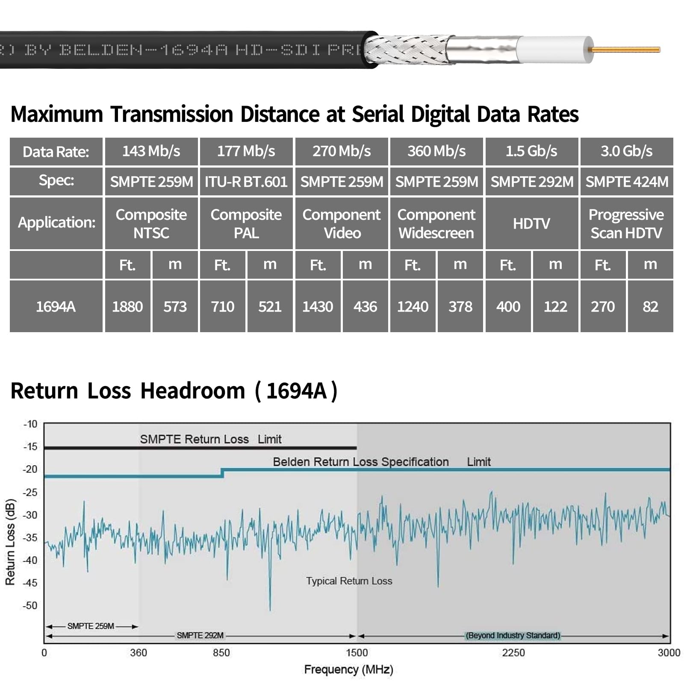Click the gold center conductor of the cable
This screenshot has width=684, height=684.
pos(626,50)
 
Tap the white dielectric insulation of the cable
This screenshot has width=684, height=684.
pos(554,50)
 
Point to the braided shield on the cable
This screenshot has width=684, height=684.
pos(406,50)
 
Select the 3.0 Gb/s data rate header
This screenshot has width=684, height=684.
pos(626,151)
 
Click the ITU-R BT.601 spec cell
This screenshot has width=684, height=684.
pos(246,182)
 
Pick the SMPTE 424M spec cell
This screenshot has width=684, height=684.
pos(626,182)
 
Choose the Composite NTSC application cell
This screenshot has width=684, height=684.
pos(151,224)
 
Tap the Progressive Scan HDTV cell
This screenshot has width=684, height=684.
pos(626,224)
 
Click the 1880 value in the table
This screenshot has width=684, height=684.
pos(127,307)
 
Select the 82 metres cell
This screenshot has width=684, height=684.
pos(650,307)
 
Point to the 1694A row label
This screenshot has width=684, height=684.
pos(56,307)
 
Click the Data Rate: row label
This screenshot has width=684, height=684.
pos(56,152)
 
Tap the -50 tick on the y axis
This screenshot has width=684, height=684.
pos(30,605)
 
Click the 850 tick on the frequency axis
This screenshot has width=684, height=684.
pos(221,653)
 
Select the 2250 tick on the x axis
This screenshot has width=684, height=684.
pos(513,653)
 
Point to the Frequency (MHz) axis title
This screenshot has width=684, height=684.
pos(348,669)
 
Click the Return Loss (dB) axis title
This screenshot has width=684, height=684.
pos(10,542)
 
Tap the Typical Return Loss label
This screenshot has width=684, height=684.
pos(349,581)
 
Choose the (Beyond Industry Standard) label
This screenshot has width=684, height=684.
pos(513,636)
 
